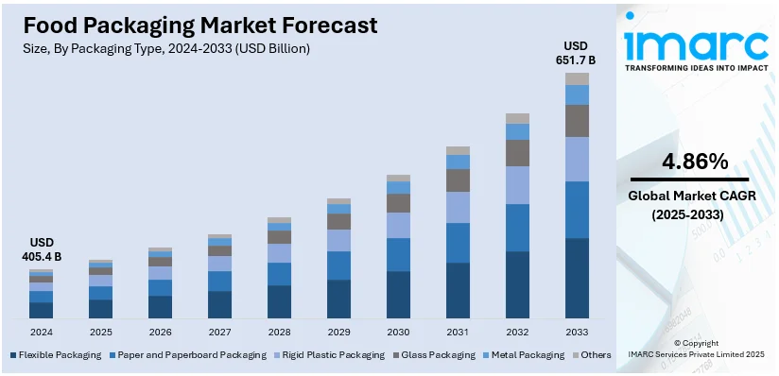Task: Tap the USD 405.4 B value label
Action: pos(41,248)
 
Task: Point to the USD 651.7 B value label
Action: pos(577,53)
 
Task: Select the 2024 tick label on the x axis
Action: pos(41,333)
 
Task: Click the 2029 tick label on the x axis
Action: pos(338,333)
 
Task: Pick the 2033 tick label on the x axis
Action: pos(577,333)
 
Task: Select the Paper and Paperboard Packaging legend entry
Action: pos(192,355)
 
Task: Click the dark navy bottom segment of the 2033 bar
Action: pos(577,279)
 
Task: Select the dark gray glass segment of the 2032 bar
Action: pos(517,153)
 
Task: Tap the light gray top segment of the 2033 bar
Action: pos(577,78)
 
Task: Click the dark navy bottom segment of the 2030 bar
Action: pos(398,295)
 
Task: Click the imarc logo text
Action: pos(697,45)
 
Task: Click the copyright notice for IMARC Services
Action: pos(696,348)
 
